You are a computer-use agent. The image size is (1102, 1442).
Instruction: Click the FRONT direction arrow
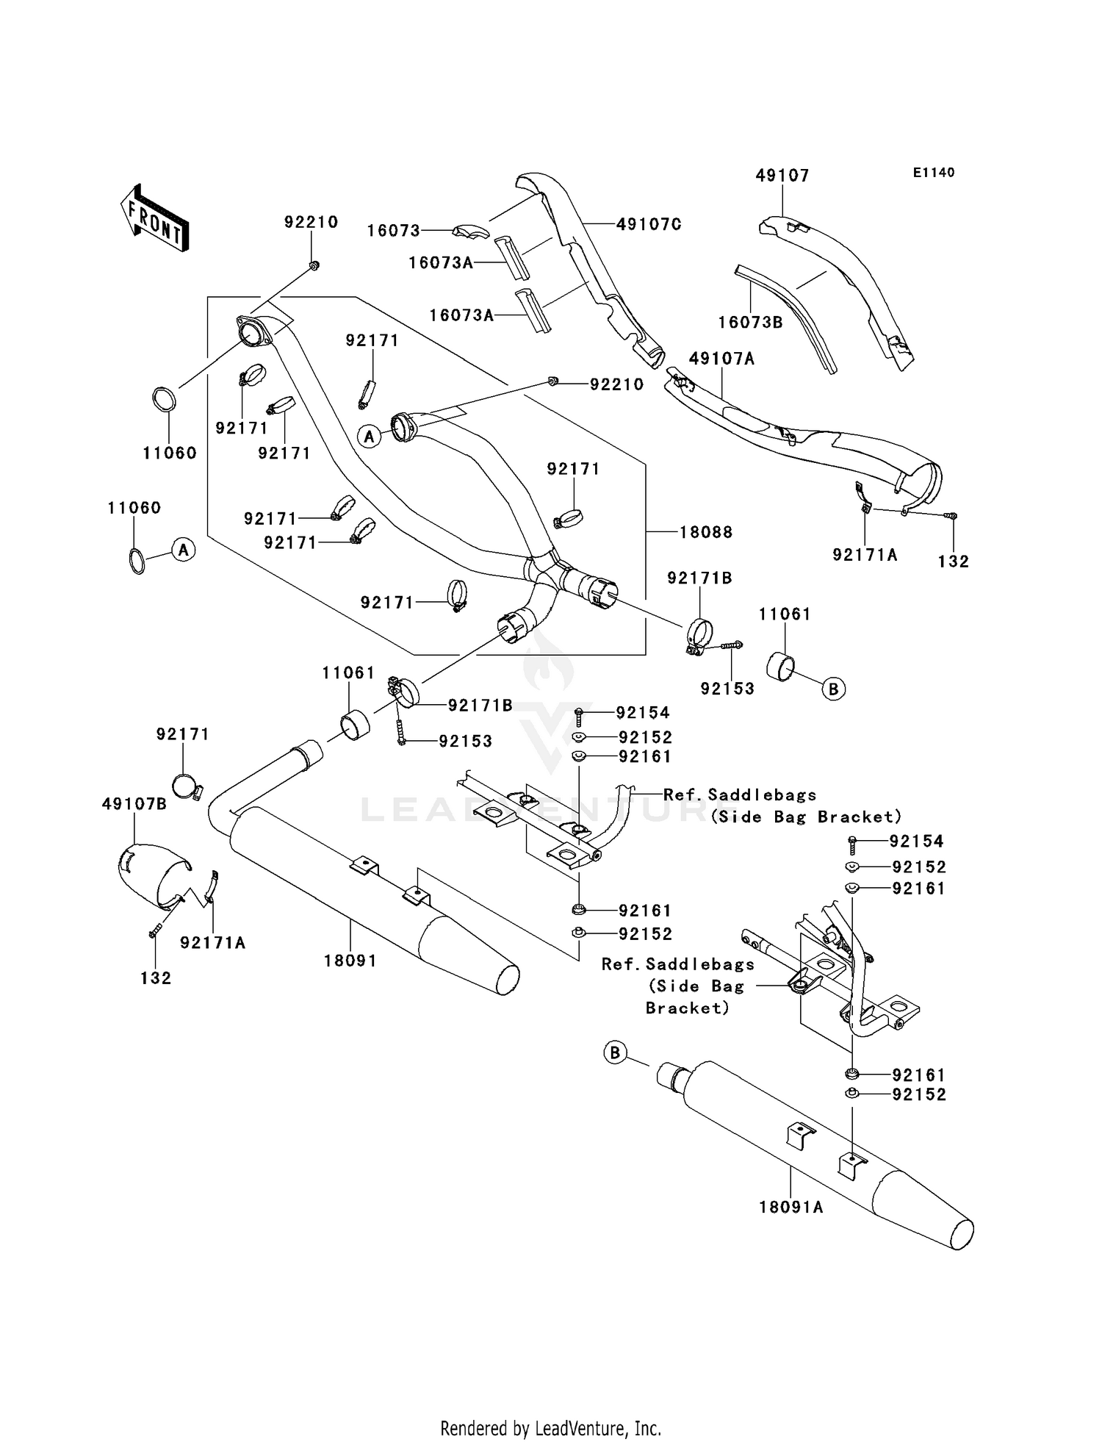(155, 218)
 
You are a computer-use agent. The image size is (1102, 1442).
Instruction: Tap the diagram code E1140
(934, 173)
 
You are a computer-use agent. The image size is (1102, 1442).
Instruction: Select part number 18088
(705, 532)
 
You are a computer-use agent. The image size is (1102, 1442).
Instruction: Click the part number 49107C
(648, 224)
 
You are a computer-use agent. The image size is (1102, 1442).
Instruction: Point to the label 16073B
(750, 322)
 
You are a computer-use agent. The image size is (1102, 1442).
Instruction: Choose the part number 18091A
(791, 1207)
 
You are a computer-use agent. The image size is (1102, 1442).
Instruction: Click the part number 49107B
(134, 804)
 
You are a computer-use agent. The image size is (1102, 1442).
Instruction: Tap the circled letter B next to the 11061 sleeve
(833, 689)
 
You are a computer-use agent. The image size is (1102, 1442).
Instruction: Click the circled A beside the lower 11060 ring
(184, 549)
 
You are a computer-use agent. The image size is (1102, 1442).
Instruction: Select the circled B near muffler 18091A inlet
(615, 1053)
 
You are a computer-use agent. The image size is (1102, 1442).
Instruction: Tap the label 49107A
(721, 359)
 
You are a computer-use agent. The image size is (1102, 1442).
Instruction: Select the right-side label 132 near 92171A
(954, 562)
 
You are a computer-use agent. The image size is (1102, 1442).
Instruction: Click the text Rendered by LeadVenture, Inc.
(550, 1428)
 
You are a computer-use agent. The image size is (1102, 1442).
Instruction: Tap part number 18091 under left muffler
(350, 961)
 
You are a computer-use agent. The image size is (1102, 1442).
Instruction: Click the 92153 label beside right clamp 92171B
(727, 689)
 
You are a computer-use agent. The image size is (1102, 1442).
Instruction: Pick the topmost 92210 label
(311, 222)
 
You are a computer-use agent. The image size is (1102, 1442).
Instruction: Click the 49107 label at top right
(782, 176)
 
